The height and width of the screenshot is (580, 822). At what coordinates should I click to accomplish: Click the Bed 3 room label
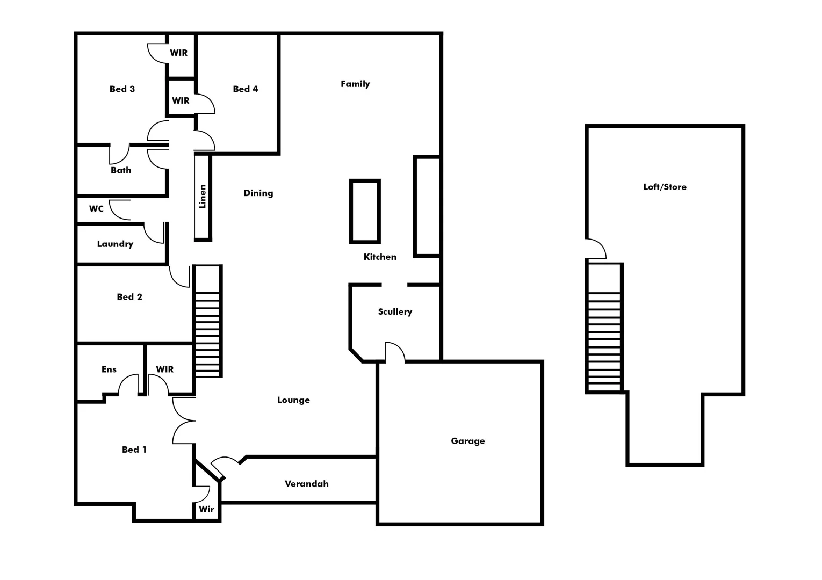click(122, 89)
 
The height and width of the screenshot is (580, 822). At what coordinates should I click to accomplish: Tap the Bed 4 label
click(246, 89)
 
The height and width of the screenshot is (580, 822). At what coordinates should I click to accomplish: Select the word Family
click(355, 84)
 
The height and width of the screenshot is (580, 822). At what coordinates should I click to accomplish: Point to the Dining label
click(258, 193)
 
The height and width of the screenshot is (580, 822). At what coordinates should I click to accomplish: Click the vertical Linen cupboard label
click(203, 197)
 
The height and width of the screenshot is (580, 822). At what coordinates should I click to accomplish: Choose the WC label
click(96, 209)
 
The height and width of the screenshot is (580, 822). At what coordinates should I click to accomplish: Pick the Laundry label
click(115, 244)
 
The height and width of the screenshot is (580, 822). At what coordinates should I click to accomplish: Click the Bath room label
click(121, 170)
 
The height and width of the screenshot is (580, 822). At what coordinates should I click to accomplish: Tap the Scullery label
click(395, 312)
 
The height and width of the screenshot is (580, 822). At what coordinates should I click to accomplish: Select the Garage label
click(467, 441)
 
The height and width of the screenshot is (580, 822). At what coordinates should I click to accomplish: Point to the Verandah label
click(306, 484)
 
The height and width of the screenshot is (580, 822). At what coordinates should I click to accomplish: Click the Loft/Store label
click(665, 187)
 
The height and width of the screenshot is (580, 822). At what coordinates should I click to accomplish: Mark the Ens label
click(109, 369)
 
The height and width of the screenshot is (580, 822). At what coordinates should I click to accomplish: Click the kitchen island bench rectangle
click(365, 212)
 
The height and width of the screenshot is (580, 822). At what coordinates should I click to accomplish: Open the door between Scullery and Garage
click(395, 352)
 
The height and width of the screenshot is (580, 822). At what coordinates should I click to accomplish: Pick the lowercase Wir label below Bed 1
click(206, 509)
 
